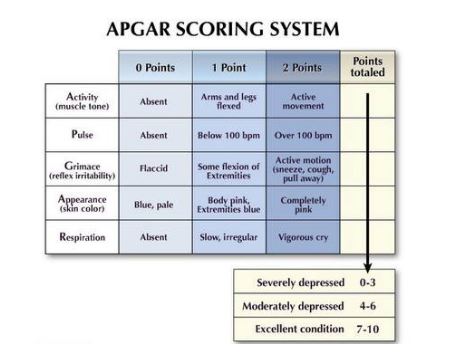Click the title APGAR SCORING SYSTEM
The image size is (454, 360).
[x=223, y=28]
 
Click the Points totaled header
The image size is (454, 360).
[x=367, y=67]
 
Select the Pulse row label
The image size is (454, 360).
[x=82, y=134]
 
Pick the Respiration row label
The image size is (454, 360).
[x=82, y=237]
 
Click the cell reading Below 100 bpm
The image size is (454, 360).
[x=228, y=135]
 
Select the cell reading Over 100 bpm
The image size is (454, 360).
[x=301, y=135]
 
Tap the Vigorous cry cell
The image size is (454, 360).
[x=301, y=238]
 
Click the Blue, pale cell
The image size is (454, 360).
[x=154, y=204]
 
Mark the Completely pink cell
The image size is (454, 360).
[x=301, y=204]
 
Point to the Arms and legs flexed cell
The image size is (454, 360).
[x=228, y=101]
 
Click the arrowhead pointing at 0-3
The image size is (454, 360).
[x=368, y=267]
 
